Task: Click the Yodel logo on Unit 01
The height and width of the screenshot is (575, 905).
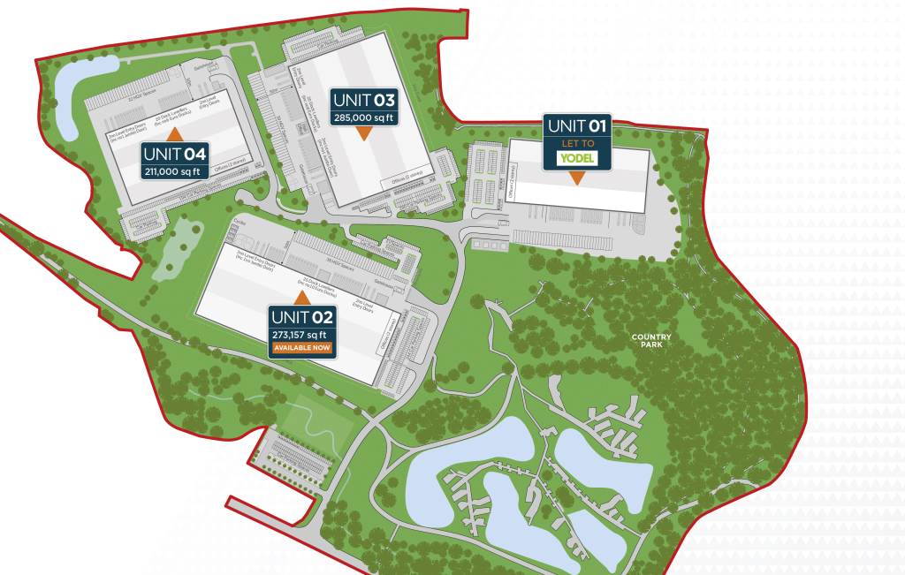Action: pyautogui.click(x=576, y=158)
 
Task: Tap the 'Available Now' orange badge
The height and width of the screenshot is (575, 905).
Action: pyautogui.click(x=302, y=348)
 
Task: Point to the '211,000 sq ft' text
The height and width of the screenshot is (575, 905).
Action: pyautogui.click(x=175, y=170)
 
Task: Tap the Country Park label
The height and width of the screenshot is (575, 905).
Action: pyautogui.click(x=651, y=340)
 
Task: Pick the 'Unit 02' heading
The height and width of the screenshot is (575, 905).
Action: pyautogui.click(x=302, y=317)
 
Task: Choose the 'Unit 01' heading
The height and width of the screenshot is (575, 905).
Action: pyautogui.click(x=576, y=125)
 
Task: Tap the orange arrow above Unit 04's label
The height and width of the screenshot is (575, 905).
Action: pyautogui.click(x=175, y=133)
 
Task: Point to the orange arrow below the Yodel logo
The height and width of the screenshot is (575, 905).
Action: pyautogui.click(x=576, y=178)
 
